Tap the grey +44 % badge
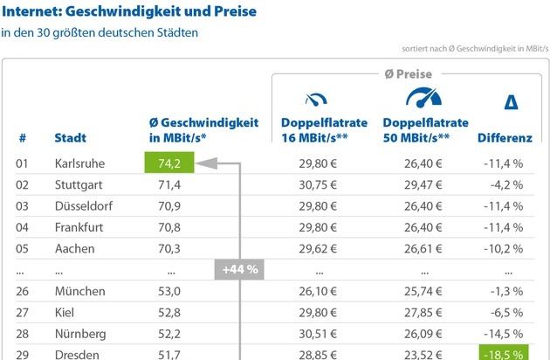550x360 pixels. pos(239,269)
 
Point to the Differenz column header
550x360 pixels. pos(505,138)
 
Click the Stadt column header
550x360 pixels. pos(70,138)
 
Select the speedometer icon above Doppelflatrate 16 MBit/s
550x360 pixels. pos(313,99)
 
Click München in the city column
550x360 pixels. pos(79,291)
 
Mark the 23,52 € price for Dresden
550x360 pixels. pos(423,354)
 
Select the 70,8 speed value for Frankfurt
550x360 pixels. pos(166,227)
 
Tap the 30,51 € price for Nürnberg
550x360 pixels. pos(318,333)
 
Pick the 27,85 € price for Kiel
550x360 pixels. pos(423,312)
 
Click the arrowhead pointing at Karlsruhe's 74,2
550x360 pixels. pos(200,163)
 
